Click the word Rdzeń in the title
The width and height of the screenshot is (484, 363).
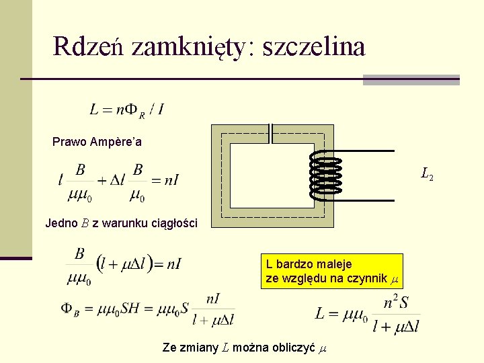[x=89, y=46]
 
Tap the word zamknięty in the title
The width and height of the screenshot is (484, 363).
[x=190, y=47]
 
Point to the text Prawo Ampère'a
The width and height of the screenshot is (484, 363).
[x=97, y=142]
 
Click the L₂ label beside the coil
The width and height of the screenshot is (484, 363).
[x=427, y=175]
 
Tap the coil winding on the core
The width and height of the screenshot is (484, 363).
[x=325, y=174]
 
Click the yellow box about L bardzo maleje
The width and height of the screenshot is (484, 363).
[x=331, y=271]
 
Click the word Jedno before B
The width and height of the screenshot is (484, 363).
[x=61, y=223]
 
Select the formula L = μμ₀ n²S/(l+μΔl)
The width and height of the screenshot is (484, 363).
[x=368, y=313]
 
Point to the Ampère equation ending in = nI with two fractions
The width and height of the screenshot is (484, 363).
[x=120, y=182]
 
